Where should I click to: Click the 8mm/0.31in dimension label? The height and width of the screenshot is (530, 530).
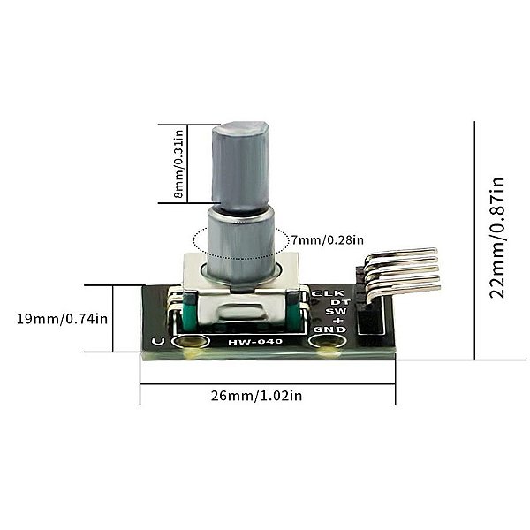(x=179, y=164)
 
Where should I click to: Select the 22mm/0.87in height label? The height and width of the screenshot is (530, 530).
(x=498, y=238)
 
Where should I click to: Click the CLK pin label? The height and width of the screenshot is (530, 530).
(x=328, y=293)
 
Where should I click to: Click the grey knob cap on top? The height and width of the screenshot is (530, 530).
(x=239, y=164)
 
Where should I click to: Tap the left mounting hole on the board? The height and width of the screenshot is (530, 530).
(x=186, y=343)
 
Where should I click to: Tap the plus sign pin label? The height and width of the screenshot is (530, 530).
(x=337, y=320)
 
